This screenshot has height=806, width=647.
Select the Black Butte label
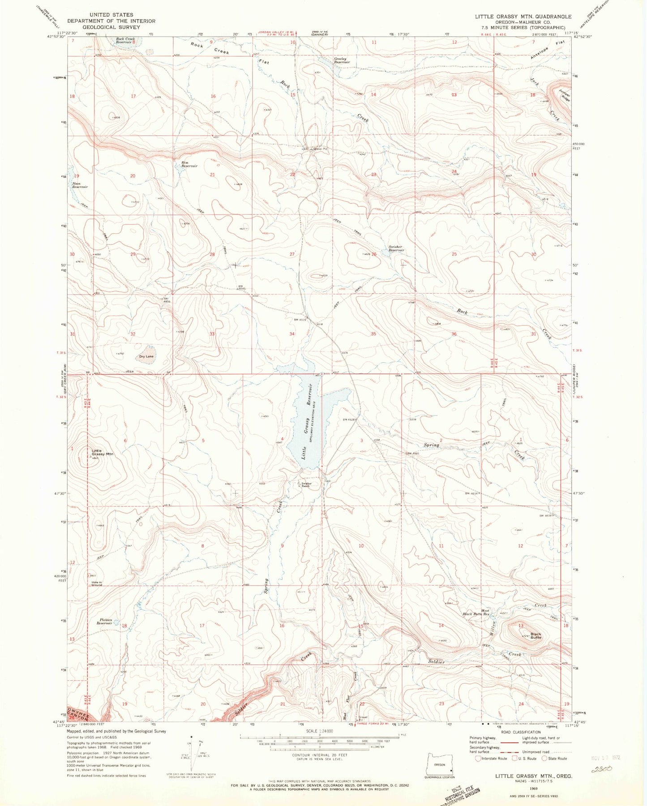(536, 635)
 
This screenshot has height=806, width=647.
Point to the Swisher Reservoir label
(396, 249)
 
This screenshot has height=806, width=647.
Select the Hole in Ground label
(96, 584)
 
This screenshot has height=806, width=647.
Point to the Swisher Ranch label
(306, 484)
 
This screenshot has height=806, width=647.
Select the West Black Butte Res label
(478, 613)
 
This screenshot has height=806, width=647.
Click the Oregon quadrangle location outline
(441, 767)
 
